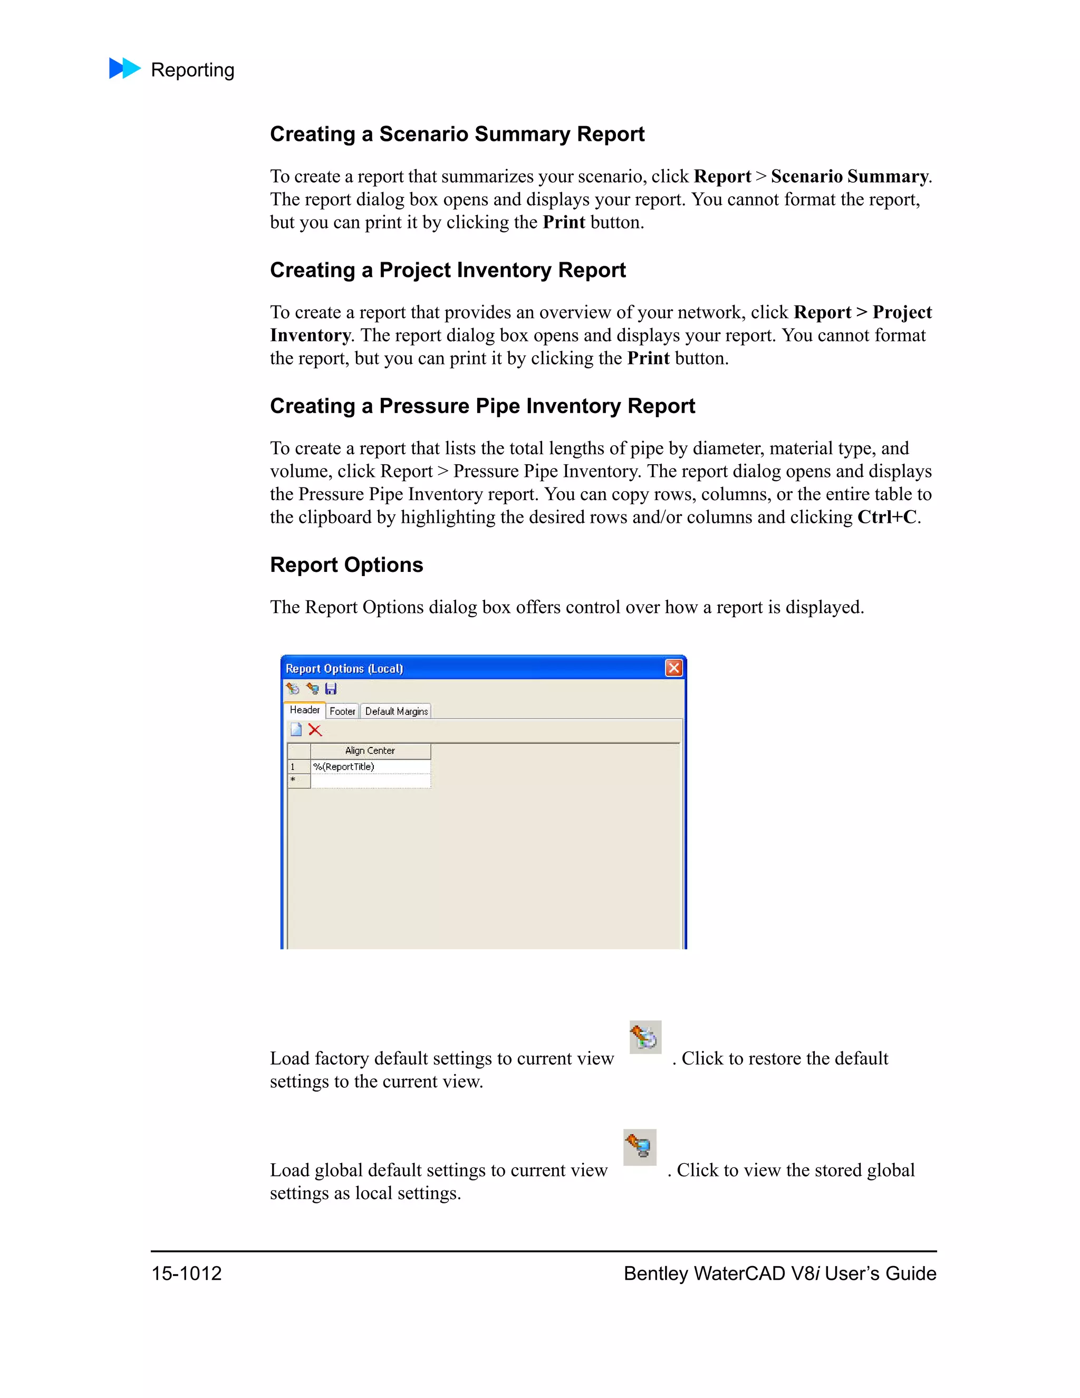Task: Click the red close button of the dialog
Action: (x=674, y=668)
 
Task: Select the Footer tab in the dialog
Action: (x=342, y=711)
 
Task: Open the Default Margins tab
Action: (x=396, y=711)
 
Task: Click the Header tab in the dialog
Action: (x=305, y=710)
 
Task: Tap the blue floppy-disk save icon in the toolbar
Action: (x=331, y=689)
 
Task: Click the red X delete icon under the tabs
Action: (x=315, y=730)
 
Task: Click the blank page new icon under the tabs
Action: (x=296, y=730)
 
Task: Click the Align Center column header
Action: (x=370, y=750)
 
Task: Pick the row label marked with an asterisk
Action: (x=298, y=781)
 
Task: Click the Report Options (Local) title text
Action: (x=344, y=668)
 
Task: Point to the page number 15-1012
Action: (x=186, y=1273)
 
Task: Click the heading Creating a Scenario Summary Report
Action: (x=457, y=134)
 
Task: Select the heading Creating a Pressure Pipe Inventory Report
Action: (x=483, y=406)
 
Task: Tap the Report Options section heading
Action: (x=346, y=564)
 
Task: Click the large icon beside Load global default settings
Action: (x=640, y=1146)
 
